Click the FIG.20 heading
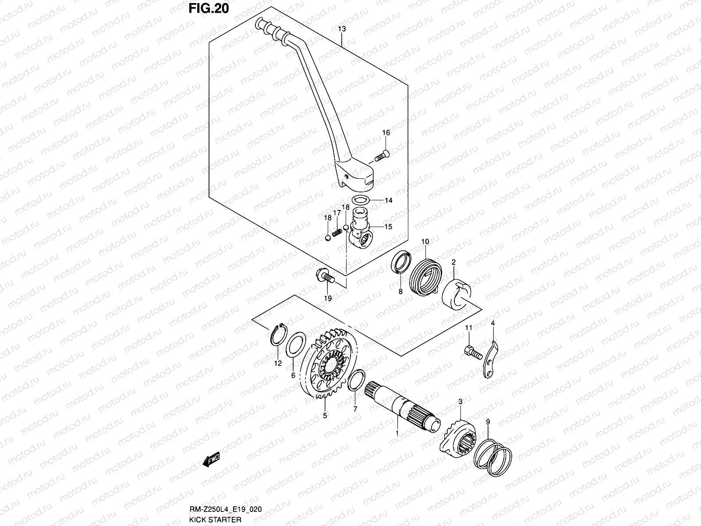pos(209,8)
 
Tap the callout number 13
pos(342,29)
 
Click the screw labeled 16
pos(382,156)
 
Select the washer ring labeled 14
pos(361,200)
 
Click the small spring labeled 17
pos(337,232)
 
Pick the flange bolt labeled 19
pos(325,276)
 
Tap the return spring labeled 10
pos(425,277)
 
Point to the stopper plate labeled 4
pos(491,359)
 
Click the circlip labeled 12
pos(279,335)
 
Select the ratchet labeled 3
pos(458,437)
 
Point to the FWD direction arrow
pos(211,459)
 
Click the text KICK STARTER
pos(215,519)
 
